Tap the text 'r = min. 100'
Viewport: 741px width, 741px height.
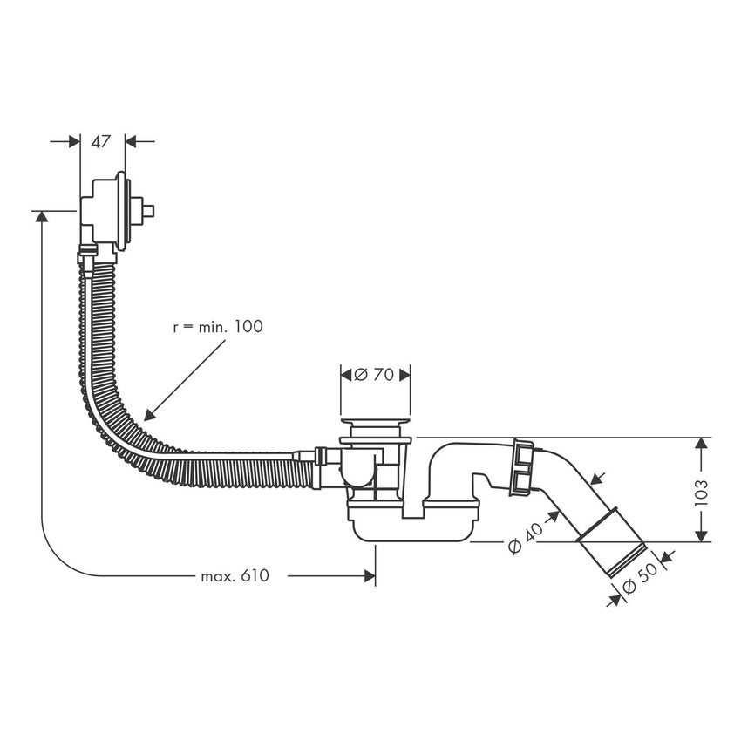(217, 326)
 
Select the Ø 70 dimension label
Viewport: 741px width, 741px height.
(375, 375)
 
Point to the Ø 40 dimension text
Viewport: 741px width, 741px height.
(525, 537)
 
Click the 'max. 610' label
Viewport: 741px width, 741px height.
(235, 576)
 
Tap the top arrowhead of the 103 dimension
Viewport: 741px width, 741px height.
(699, 445)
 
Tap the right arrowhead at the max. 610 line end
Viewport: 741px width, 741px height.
(370, 576)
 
